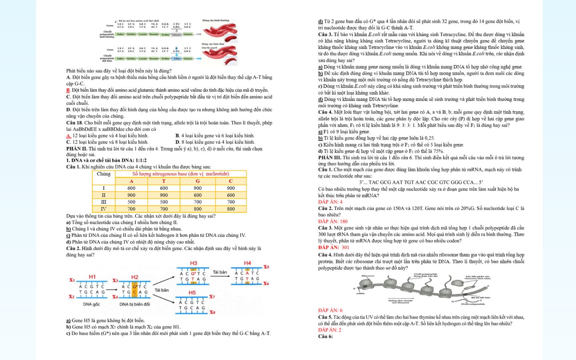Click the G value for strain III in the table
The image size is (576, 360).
198,202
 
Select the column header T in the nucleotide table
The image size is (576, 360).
164,181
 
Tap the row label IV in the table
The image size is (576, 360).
104,209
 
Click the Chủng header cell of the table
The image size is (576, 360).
104,174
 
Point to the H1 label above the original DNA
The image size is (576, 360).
92,277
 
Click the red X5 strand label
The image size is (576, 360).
266,267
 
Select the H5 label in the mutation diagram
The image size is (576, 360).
192,293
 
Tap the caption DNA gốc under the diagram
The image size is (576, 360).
91,304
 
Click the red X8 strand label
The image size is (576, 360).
212,312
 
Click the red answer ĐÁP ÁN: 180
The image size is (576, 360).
333,221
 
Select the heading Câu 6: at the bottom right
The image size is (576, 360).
325,336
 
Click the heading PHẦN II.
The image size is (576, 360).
76,149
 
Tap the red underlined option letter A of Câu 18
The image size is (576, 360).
68,136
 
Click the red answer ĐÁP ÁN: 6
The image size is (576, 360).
330,310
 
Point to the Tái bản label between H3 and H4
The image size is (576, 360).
220,272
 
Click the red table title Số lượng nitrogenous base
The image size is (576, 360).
180,174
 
